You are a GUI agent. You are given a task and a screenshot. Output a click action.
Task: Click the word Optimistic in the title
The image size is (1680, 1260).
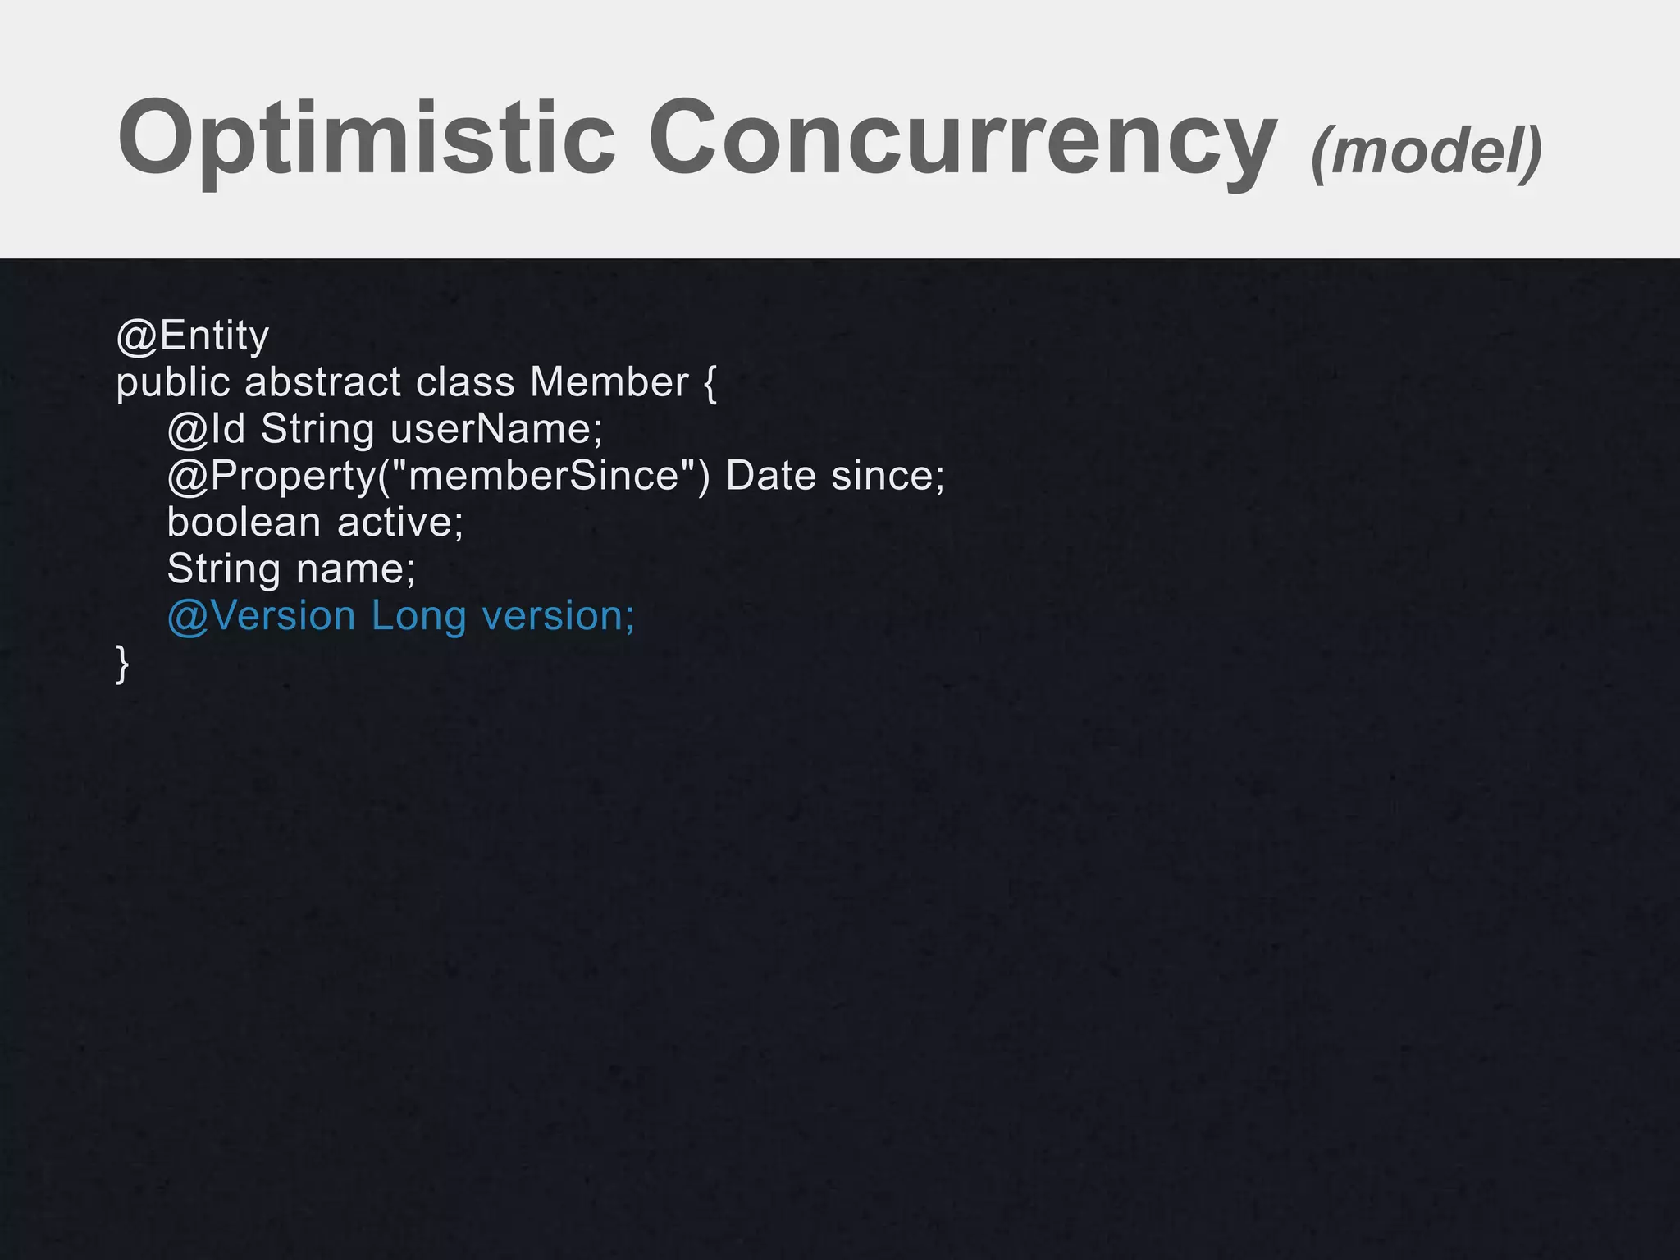click(366, 138)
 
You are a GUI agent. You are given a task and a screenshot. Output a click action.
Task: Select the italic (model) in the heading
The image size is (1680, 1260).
click(1427, 150)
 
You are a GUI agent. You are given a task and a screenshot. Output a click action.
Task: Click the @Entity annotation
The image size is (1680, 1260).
click(193, 336)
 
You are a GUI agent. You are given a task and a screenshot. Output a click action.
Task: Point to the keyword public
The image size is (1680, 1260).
click(172, 383)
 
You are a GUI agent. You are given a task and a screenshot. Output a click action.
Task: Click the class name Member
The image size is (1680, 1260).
click(609, 382)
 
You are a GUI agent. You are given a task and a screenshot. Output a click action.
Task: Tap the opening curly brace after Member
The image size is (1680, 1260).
click(710, 383)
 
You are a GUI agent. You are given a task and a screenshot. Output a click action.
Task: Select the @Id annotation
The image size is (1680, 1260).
click(206, 429)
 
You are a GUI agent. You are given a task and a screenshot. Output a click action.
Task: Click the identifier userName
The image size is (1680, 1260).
click(495, 429)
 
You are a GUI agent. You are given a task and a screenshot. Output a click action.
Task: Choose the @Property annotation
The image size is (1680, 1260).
click(272, 476)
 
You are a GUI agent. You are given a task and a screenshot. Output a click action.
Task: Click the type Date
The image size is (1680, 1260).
click(771, 476)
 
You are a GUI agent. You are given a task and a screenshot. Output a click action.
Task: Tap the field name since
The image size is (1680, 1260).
click(888, 476)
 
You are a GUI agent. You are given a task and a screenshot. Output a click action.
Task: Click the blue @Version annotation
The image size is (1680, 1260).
click(262, 615)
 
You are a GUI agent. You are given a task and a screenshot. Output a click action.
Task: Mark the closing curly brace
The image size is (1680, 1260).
click(123, 663)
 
